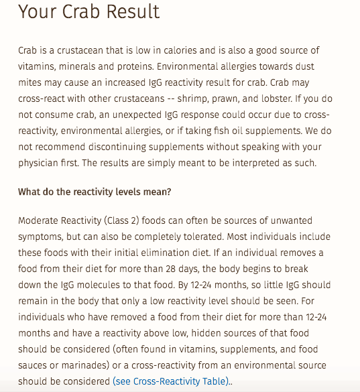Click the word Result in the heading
[131, 11]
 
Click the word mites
[31, 82]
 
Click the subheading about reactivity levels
[95, 192]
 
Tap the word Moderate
[40, 221]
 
